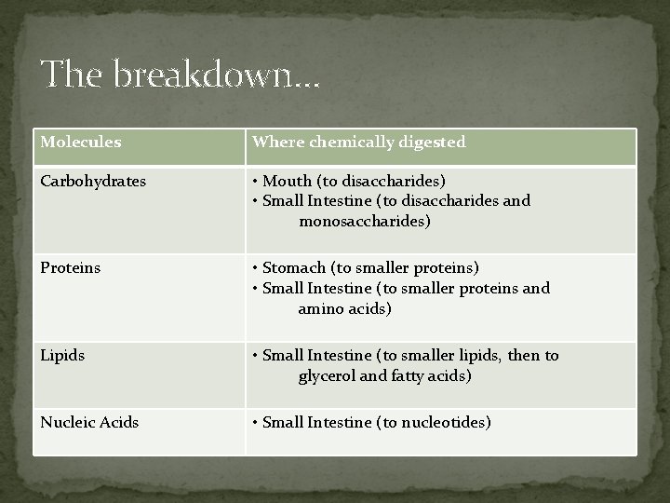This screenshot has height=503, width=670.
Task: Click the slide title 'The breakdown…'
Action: click(x=180, y=74)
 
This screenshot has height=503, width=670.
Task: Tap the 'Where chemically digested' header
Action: click(x=359, y=143)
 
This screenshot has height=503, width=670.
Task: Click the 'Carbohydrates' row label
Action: click(x=92, y=181)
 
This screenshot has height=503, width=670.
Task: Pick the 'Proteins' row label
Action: click(x=70, y=268)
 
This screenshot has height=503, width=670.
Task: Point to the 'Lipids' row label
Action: click(x=62, y=356)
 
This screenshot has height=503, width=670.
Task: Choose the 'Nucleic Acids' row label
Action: click(x=89, y=422)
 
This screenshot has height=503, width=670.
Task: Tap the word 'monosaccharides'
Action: click(x=364, y=222)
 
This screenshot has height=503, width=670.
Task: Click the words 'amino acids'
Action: click(x=345, y=309)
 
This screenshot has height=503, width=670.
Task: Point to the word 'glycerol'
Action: click(x=328, y=376)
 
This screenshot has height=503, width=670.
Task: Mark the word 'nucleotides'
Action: click(x=445, y=422)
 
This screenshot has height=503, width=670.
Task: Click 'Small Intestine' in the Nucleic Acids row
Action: click(x=317, y=422)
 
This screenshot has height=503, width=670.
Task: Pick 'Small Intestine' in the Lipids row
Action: click(x=317, y=356)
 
